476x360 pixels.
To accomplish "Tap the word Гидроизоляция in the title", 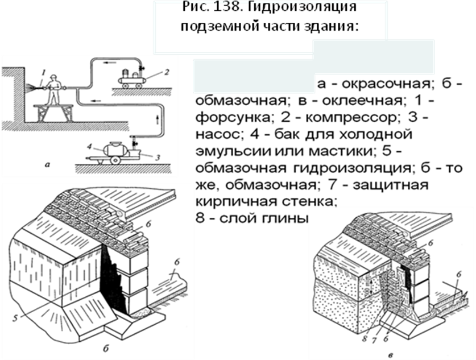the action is pyautogui.click(x=303, y=7).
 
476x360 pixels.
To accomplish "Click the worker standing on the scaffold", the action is pyautogui.click(x=54, y=89).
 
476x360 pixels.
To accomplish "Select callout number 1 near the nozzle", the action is pyautogui.click(x=43, y=73).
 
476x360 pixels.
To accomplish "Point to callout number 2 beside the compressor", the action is pyautogui.click(x=167, y=72).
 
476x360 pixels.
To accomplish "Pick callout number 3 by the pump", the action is pyautogui.click(x=158, y=158).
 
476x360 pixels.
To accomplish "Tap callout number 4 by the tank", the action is pyautogui.click(x=89, y=147).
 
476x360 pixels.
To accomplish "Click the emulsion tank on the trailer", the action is pyautogui.click(x=115, y=150).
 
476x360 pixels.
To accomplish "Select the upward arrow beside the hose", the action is pyautogui.click(x=157, y=119).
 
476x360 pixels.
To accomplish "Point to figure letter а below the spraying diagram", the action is pyautogui.click(x=47, y=165).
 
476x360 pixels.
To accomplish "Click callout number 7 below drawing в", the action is pyautogui.click(x=374, y=340).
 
